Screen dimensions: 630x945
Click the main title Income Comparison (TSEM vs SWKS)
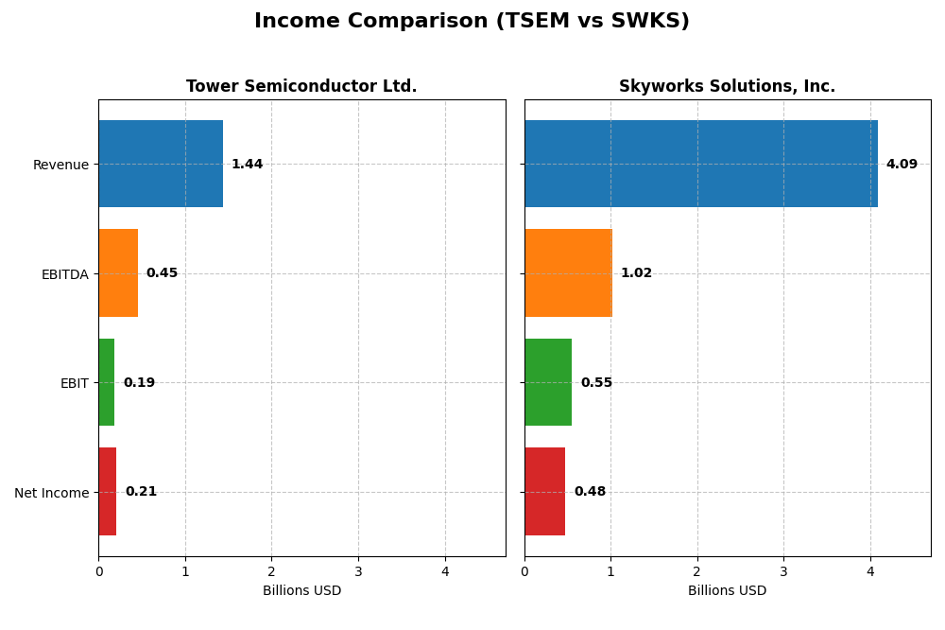472,21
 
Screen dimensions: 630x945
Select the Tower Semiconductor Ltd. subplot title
301,87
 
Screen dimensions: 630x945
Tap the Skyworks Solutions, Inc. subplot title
727,87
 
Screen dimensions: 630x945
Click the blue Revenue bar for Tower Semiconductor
161,164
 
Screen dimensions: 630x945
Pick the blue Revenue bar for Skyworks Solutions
700,164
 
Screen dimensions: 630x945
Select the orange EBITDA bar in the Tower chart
118,273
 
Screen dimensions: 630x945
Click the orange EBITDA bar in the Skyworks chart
568,273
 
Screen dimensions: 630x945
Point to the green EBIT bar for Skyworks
548,382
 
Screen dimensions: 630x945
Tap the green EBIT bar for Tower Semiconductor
107,382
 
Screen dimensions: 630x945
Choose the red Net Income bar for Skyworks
545,492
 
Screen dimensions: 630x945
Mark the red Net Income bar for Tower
108,492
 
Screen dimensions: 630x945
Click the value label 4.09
902,165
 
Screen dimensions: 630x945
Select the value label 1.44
247,165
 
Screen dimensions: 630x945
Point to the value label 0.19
139,383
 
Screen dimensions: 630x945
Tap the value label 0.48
590,492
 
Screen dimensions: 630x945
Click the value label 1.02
636,273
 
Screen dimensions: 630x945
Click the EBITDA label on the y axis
64,274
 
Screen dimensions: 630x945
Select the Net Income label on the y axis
52,493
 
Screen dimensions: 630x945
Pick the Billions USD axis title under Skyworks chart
727,591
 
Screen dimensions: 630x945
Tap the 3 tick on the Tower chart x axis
358,571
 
